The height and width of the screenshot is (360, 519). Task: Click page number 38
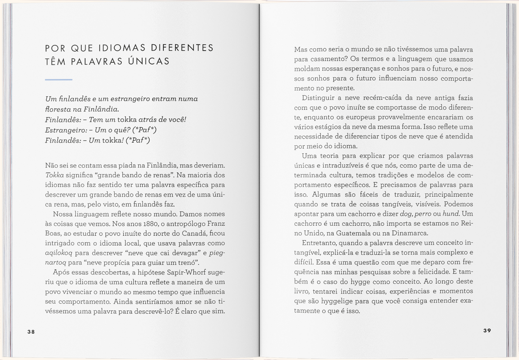[x=31, y=332]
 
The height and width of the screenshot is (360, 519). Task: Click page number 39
[x=487, y=331]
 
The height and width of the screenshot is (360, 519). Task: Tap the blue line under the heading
[x=59, y=79]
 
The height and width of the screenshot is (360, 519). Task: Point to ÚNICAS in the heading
[x=149, y=61]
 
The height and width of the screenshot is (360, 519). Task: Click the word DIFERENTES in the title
[x=182, y=48]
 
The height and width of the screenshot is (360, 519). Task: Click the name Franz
[x=216, y=224]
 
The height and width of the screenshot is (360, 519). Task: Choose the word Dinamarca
[x=410, y=233]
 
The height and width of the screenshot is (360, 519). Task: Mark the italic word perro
[x=423, y=214]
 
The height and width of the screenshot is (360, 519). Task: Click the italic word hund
[x=451, y=214]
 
